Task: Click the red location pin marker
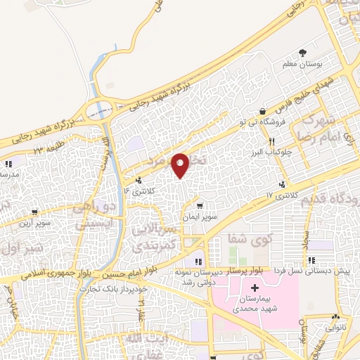point(181,165)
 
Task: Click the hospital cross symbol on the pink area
point(254,288)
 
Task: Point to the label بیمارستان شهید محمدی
point(253,303)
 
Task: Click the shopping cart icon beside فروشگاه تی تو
point(263,111)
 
